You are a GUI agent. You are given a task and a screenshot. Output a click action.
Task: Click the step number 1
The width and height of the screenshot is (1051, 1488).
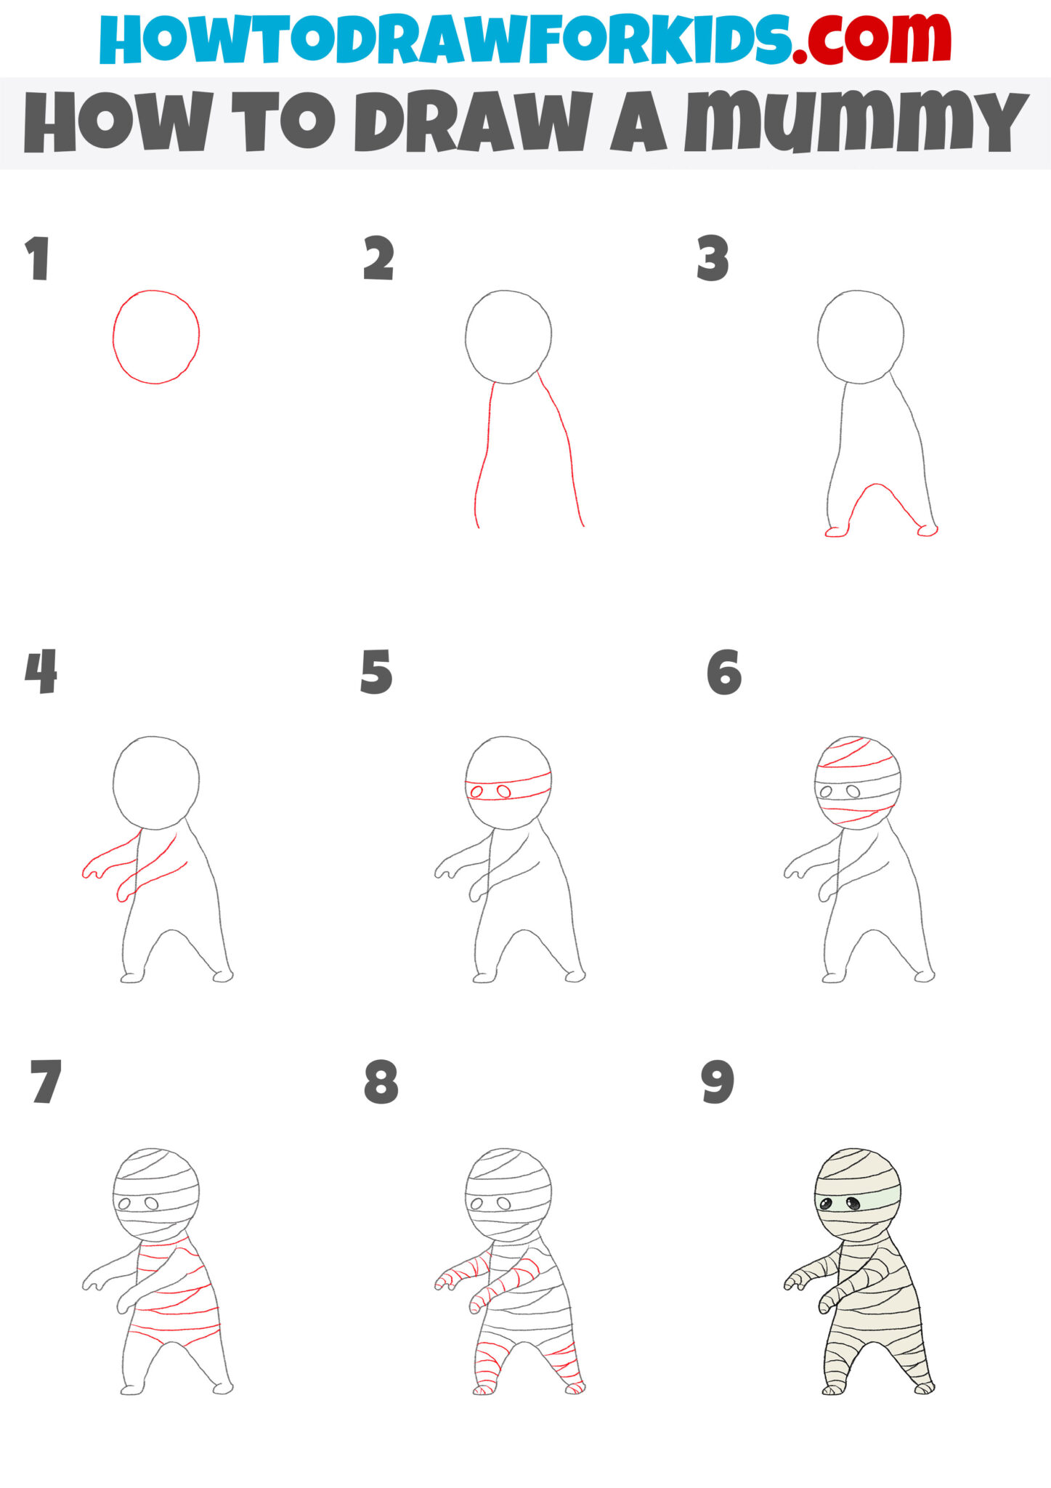point(38,259)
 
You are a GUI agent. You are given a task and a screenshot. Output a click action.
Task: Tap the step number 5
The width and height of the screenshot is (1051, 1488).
point(376,672)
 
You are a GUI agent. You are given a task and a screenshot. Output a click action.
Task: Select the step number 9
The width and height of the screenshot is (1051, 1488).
point(718,1083)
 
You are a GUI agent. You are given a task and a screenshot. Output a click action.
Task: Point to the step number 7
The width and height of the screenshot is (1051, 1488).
point(45,1083)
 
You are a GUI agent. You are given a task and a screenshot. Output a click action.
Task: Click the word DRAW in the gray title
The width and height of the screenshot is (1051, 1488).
point(472,122)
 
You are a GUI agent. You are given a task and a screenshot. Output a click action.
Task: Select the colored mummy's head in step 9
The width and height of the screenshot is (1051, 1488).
point(858,1192)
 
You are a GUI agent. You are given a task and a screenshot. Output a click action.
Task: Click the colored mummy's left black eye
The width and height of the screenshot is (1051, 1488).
point(827,1205)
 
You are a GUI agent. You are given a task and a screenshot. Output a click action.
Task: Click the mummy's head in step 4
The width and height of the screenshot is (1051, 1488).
point(156,782)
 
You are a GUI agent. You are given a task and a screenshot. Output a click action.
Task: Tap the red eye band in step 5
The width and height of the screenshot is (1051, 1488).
point(508,789)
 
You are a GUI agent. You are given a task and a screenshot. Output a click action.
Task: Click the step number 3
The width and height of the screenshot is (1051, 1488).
point(713,259)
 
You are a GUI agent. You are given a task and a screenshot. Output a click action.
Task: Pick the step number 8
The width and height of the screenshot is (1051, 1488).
point(381,1083)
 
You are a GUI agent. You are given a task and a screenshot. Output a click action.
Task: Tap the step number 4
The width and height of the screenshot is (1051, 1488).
point(41,672)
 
